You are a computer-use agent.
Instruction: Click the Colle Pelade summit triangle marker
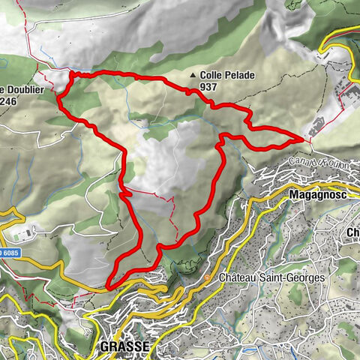pyautogui.click(x=194, y=76)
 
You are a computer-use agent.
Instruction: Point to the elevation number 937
pyautogui.click(x=209, y=87)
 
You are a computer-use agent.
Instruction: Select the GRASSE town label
pyautogui.click(x=124, y=346)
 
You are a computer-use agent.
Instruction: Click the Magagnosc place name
pyautogui.click(x=316, y=194)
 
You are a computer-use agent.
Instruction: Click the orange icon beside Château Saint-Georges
pyautogui.click(x=208, y=278)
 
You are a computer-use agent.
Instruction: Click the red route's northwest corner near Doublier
pyautogui.click(x=70, y=73)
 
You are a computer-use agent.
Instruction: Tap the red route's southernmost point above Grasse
pyautogui.click(x=109, y=286)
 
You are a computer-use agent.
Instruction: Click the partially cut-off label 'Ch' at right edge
pyautogui.click(x=352, y=232)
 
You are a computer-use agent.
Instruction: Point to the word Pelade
pyautogui.click(x=237, y=76)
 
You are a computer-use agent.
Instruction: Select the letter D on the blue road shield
pyautogui.click(x=2, y=253)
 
